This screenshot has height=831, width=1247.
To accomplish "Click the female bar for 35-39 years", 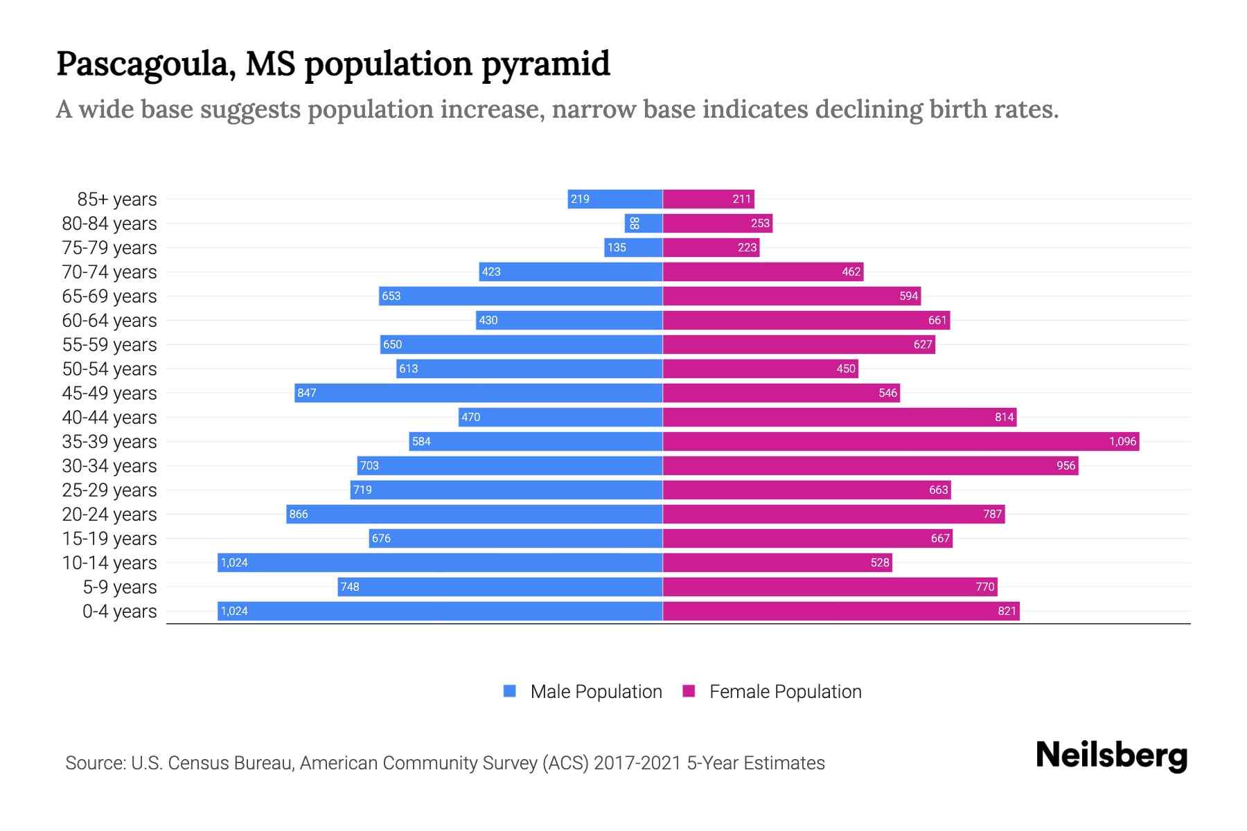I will [901, 441].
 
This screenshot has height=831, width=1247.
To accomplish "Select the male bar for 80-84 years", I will [644, 223].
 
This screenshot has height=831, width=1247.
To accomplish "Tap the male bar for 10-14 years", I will [440, 562].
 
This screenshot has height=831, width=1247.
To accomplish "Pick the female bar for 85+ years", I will [708, 199].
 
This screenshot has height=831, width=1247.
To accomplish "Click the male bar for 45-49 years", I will [478, 393].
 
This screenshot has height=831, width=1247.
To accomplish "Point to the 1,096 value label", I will [1122, 441].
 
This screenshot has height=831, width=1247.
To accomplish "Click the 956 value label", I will [1065, 465].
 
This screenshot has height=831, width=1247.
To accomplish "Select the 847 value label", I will [307, 393].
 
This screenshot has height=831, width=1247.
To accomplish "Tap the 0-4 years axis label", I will [119, 611].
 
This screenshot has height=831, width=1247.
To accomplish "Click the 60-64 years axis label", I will [109, 321].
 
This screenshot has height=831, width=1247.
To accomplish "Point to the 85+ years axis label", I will [116, 199].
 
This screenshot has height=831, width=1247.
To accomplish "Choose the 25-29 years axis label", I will [109, 490].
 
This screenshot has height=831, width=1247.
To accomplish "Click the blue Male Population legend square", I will [510, 691].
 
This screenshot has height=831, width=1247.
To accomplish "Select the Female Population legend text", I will [785, 692].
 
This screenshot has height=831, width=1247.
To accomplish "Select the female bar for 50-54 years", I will [760, 368].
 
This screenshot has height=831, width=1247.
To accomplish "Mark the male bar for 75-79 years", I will [633, 247].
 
